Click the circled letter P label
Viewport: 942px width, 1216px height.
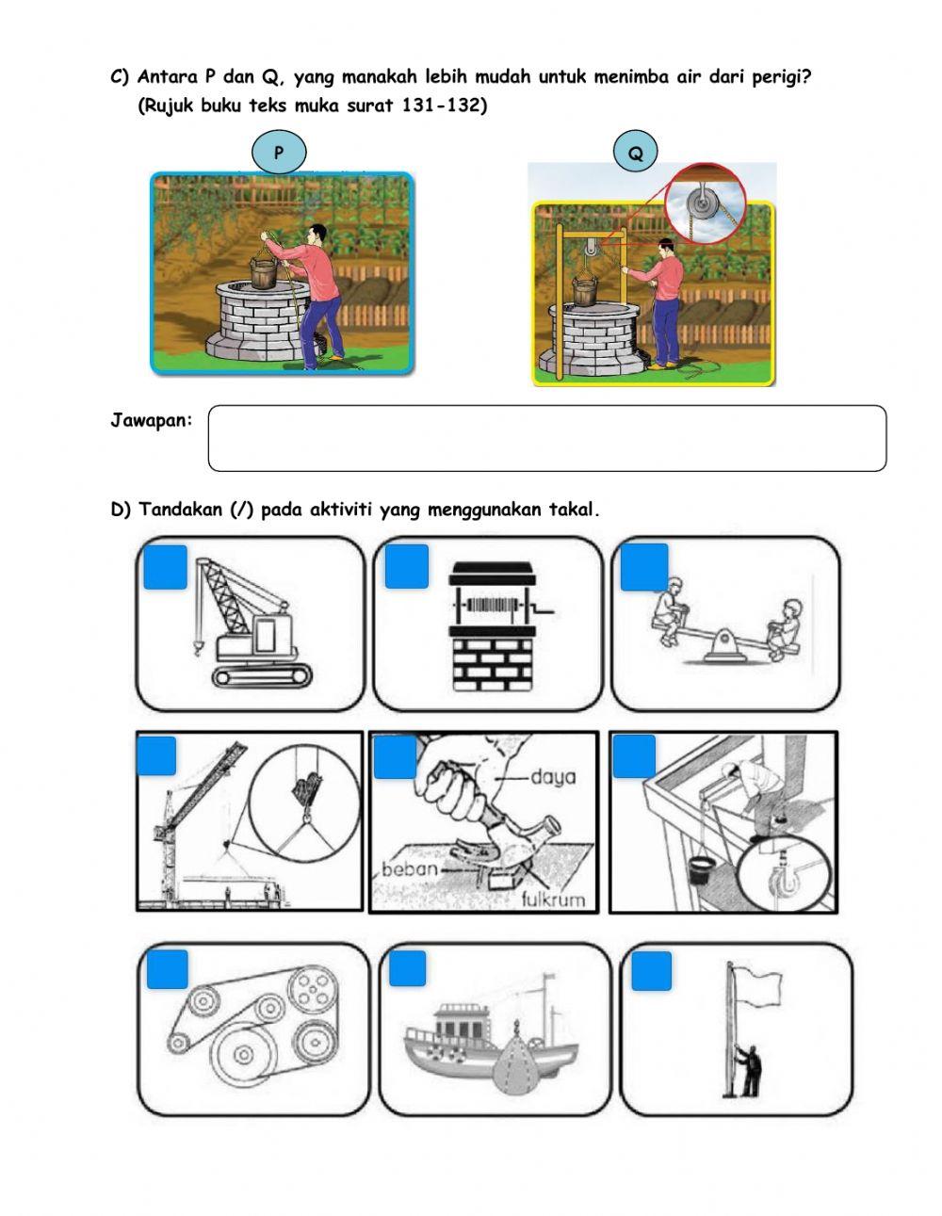click(x=279, y=152)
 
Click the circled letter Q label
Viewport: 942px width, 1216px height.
click(x=636, y=154)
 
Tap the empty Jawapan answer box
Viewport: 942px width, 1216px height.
click(x=546, y=438)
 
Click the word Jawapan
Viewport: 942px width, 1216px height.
click(x=151, y=420)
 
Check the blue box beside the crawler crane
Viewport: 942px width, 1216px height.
click(x=166, y=567)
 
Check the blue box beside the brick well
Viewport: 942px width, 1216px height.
click(x=406, y=567)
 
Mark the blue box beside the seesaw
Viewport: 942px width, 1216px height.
click(x=644, y=567)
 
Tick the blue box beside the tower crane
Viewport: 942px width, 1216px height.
click(x=156, y=755)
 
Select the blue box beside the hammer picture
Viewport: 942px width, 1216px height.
click(x=395, y=757)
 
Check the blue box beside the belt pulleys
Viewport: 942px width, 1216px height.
click(x=167, y=970)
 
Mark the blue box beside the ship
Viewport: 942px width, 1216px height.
click(x=407, y=970)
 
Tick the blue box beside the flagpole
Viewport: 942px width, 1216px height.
click(x=651, y=971)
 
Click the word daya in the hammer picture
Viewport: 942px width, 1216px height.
click(x=553, y=778)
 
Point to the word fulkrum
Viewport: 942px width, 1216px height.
click(x=553, y=898)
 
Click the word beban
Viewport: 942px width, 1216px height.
click(x=411, y=868)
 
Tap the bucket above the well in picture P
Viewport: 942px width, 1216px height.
click(x=265, y=272)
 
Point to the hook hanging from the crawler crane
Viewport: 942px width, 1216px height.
click(x=198, y=646)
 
